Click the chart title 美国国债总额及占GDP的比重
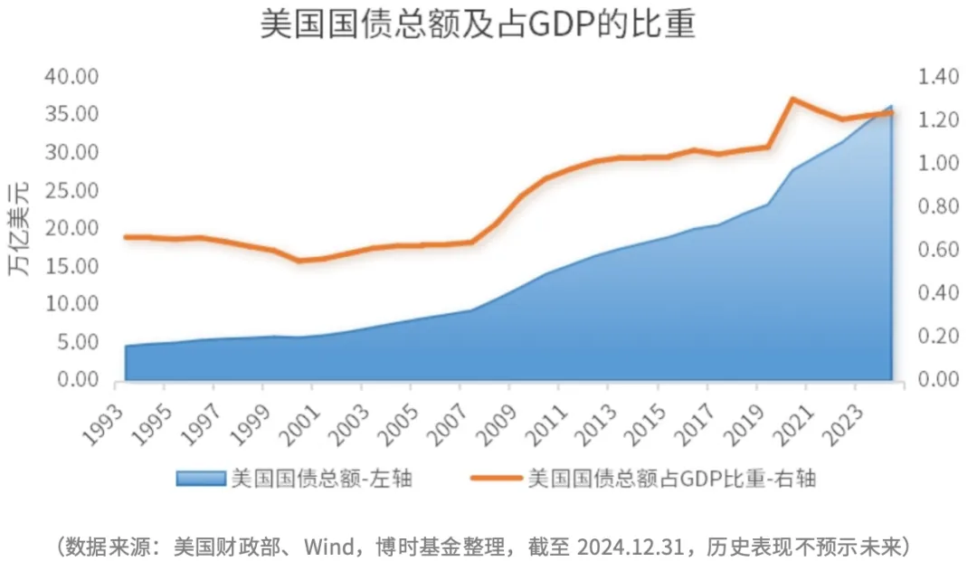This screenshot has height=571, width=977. click(478, 25)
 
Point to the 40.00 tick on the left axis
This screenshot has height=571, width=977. click(71, 76)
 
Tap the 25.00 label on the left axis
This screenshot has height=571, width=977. click(71, 190)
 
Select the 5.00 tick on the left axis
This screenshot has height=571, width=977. click(78, 341)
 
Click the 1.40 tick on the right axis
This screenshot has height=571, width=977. click(938, 77)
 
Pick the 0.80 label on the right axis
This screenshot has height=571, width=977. click(938, 206)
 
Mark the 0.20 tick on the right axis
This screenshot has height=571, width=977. click(938, 336)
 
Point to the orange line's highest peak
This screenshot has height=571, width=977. click(792, 99)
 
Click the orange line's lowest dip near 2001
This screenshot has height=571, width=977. click(299, 260)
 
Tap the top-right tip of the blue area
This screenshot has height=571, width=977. click(892, 106)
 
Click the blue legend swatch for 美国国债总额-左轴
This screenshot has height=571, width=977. click(201, 478)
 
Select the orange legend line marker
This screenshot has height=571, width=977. click(496, 478)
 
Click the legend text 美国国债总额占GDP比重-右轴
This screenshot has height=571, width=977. click(671, 478)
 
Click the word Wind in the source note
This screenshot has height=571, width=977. click(329, 547)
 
